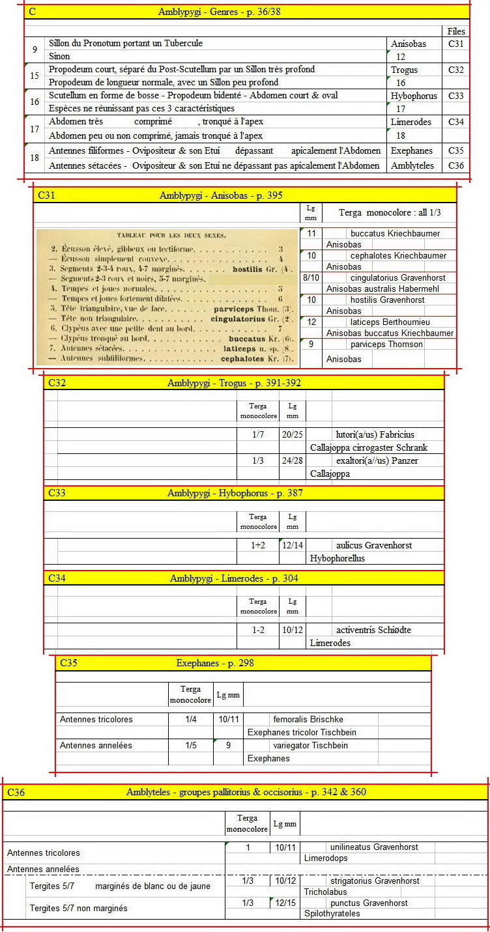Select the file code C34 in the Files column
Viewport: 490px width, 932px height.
pos(456,122)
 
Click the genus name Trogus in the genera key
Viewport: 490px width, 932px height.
pos(404,70)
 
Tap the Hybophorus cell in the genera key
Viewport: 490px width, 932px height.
pos(414,96)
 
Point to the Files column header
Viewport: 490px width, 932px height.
pos(456,31)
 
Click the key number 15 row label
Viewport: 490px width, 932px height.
pos(35,76)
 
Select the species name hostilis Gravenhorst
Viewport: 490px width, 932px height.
pos(387,300)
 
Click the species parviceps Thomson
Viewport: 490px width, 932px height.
pos(386,345)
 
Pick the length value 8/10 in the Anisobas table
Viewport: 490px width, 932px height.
pos(311,278)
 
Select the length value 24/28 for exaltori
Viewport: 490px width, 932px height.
pos(293,460)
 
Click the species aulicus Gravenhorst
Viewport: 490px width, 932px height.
pos(373,545)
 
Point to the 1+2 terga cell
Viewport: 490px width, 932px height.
pos(258,545)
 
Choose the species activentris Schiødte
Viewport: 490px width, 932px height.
pos(373,630)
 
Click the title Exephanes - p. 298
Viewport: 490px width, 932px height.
pos(215,663)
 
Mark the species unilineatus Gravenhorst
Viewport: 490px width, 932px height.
pos(374,847)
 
